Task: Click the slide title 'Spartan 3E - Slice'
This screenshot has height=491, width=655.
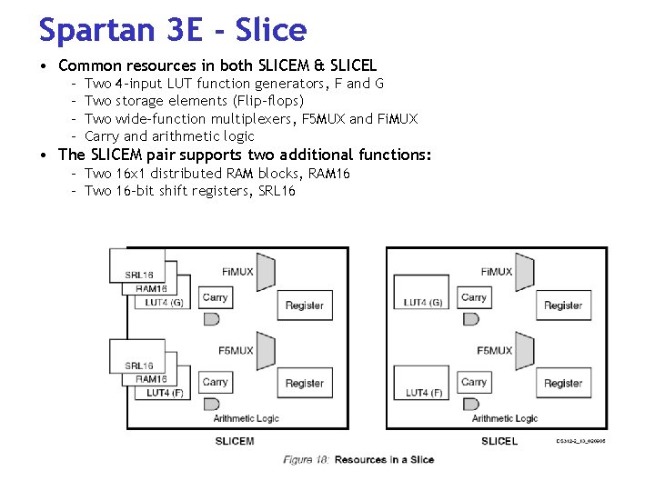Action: click(173, 30)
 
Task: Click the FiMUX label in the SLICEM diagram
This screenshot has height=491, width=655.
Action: click(237, 271)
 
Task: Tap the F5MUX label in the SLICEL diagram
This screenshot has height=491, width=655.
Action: click(496, 350)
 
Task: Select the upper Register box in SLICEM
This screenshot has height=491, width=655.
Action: click(304, 306)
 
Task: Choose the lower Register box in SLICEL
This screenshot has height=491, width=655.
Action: click(563, 384)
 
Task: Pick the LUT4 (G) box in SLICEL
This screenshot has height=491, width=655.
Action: click(423, 302)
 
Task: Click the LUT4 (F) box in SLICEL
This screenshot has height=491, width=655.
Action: click(423, 392)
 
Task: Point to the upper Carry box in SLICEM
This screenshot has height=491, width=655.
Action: click(216, 297)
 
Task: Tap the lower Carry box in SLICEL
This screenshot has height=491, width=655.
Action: click(474, 382)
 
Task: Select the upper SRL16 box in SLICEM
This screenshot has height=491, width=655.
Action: click(138, 275)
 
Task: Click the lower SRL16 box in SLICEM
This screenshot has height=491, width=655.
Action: click(138, 366)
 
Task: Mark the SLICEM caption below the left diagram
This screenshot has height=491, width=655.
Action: click(235, 441)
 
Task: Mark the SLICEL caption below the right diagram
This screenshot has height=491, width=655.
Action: click(499, 441)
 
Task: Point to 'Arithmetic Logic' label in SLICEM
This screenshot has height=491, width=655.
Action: click(247, 418)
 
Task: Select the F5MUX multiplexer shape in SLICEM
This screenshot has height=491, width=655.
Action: click(267, 349)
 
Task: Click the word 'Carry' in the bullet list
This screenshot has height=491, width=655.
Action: click(102, 136)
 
